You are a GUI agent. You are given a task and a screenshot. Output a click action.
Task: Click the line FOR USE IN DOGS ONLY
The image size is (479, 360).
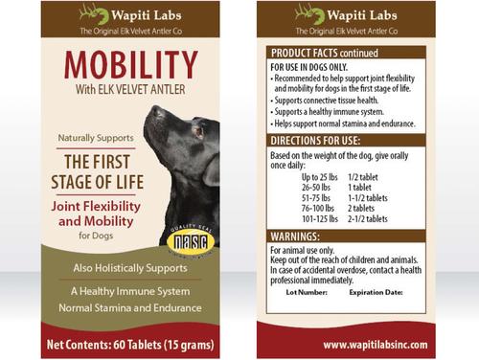(310, 67)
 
